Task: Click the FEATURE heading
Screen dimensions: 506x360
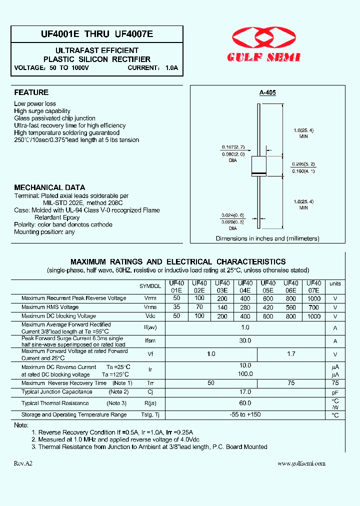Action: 31,92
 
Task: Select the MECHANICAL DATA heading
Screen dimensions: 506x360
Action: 49,187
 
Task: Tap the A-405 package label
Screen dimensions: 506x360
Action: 267,92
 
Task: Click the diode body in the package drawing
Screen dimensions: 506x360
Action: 258,164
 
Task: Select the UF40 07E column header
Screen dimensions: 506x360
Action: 313,286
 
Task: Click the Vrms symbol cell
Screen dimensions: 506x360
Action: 150,307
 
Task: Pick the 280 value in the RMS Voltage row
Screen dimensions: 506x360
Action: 245,307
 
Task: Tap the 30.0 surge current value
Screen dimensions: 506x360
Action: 245,341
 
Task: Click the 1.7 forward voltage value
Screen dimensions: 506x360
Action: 291,354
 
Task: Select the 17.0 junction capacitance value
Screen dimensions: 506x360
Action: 245,392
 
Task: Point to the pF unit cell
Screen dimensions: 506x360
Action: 335,392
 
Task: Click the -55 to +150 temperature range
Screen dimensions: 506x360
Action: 245,414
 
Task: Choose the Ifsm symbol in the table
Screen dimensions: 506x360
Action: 150,341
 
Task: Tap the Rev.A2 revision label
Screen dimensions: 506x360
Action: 23,463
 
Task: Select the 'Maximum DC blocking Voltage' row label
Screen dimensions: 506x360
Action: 58,316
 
